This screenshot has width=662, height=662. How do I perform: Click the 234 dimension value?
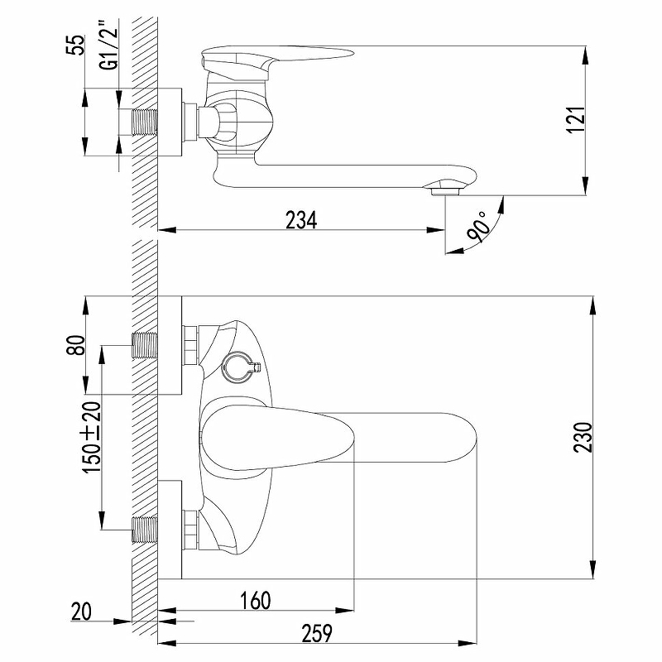coord(301,220)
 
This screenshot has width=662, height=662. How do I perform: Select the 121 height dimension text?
coord(575,119)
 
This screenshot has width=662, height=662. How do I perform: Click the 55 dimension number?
coord(76,46)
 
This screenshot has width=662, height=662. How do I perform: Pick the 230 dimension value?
coord(583,437)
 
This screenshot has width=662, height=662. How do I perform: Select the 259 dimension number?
coord(317,633)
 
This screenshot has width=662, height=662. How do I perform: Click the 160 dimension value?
coord(256,601)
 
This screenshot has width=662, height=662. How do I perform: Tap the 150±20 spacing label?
coord(93,437)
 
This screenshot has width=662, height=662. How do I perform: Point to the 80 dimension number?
coord(76,345)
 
